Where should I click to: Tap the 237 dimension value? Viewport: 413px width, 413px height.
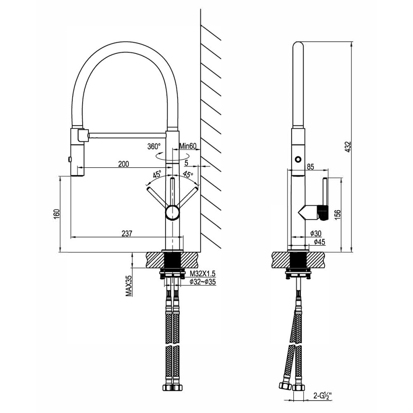tap(127, 233)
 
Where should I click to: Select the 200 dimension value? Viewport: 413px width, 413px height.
tap(123, 164)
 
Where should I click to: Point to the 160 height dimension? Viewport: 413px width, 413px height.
tap(57, 214)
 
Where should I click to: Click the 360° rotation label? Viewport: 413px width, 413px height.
tap(154, 146)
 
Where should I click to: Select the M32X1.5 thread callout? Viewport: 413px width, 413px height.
tap(203, 273)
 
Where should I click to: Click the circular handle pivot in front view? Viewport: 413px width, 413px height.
tap(173, 213)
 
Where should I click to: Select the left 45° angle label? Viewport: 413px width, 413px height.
tap(157, 174)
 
